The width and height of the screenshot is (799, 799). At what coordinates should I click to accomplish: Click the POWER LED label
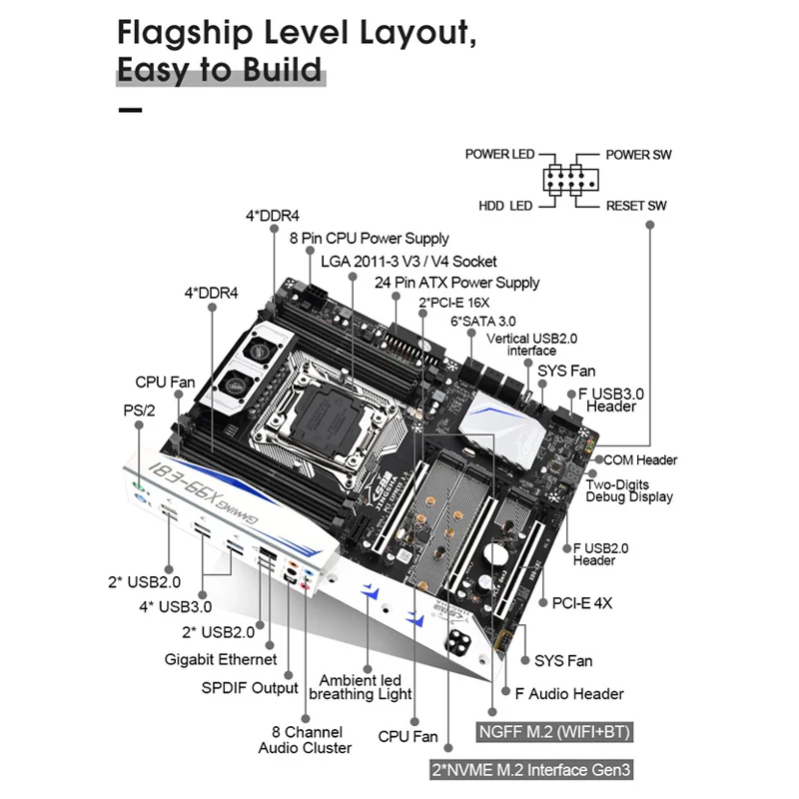pyautogui.click(x=499, y=155)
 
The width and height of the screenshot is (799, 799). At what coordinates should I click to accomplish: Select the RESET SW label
pyautogui.click(x=636, y=206)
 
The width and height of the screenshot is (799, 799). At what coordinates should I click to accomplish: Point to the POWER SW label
pyautogui.click(x=639, y=155)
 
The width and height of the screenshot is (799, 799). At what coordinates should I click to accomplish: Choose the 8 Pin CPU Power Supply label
pyautogui.click(x=369, y=239)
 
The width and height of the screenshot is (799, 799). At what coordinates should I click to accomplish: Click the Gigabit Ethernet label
pyautogui.click(x=221, y=659)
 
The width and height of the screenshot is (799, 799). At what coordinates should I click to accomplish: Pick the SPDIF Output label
pyautogui.click(x=249, y=687)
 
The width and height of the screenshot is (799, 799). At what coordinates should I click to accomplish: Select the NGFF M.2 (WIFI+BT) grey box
pyautogui.click(x=554, y=732)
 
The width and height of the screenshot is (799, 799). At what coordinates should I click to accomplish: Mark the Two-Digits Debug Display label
pyautogui.click(x=630, y=489)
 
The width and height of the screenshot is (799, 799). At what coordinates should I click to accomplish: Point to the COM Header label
pyautogui.click(x=639, y=460)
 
